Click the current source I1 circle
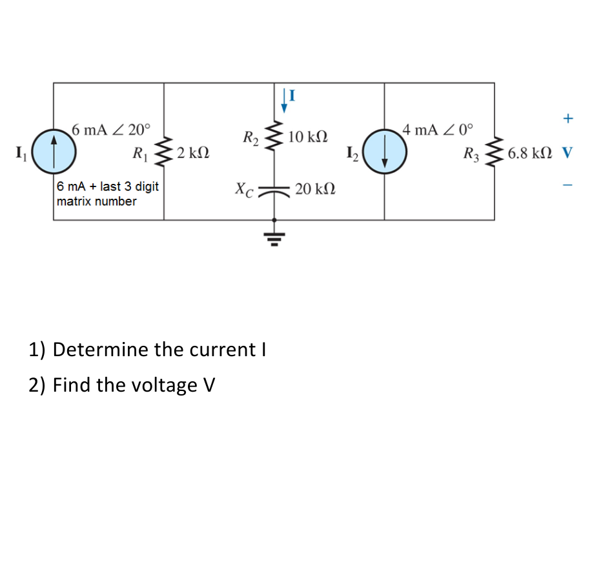pyautogui.click(x=54, y=152)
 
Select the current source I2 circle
pyautogui.click(x=384, y=152)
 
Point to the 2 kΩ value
pyautogui.click(x=192, y=154)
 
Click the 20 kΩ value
pyautogui.click(x=314, y=189)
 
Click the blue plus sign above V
pyautogui.click(x=567, y=119)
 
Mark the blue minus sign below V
pyautogui.click(x=567, y=186)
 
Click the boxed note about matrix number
pyautogui.click(x=107, y=194)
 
